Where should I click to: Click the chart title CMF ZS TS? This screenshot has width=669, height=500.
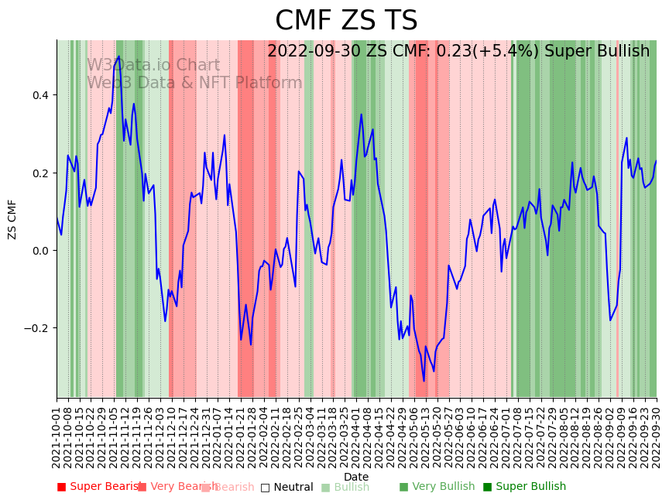(x=346, y=21)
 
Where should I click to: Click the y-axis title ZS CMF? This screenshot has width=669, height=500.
(x=12, y=219)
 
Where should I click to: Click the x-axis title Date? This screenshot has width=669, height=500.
(x=356, y=477)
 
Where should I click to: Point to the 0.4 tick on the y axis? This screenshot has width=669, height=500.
(x=39, y=95)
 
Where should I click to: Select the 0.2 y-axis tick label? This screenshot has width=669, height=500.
(x=39, y=173)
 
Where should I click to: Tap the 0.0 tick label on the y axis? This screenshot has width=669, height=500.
(x=39, y=250)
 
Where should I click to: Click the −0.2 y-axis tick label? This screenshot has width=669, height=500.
(x=36, y=327)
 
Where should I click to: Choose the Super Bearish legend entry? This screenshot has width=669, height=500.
(x=100, y=487)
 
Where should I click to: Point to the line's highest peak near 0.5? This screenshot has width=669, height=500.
(x=118, y=57)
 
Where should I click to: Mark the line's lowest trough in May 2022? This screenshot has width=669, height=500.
(x=424, y=381)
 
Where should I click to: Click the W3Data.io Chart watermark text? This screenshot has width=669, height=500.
(x=153, y=66)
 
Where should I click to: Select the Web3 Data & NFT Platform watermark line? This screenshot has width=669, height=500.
(x=194, y=83)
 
